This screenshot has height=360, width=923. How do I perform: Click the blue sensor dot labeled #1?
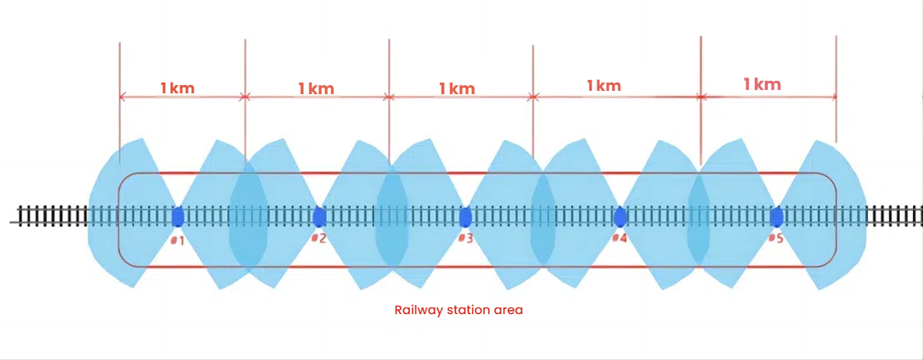(177, 217)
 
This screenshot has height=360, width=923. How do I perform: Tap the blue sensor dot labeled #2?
(318, 217)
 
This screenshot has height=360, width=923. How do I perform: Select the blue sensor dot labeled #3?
(466, 217)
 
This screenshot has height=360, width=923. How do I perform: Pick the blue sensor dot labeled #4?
(620, 217)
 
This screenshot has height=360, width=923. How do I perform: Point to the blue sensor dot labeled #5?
(776, 217)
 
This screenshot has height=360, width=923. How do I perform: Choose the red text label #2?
(318, 239)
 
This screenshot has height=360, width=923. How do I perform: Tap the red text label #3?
(466, 239)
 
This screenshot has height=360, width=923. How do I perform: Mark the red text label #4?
(619, 239)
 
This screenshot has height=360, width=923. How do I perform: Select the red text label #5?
(776, 239)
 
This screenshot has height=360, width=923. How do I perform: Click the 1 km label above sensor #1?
(177, 87)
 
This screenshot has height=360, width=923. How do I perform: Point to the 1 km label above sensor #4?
(604, 85)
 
